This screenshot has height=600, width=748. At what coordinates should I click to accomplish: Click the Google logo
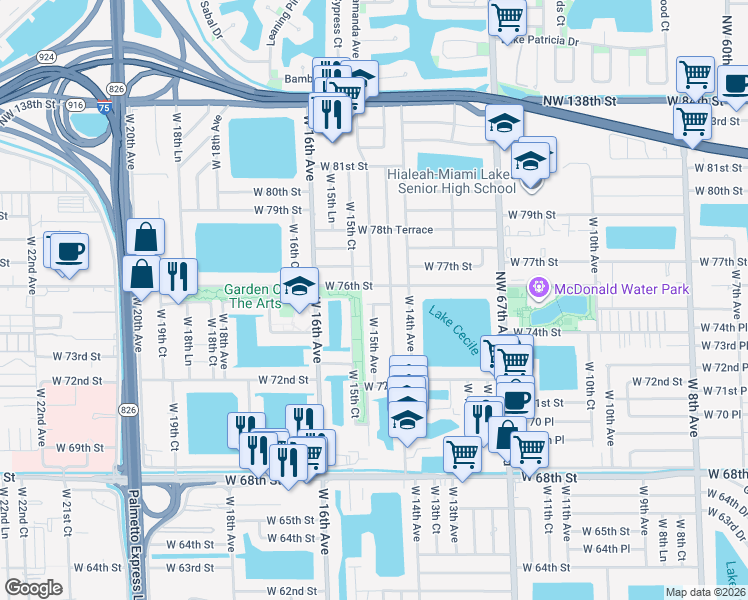click(x=33, y=588)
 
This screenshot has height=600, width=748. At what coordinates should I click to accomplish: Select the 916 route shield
click(x=75, y=104)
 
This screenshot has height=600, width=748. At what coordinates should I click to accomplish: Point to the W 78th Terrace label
click(x=395, y=230)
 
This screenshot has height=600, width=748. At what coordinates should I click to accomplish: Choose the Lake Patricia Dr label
click(x=542, y=41)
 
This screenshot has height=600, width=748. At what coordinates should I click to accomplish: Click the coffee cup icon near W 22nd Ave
click(x=69, y=251)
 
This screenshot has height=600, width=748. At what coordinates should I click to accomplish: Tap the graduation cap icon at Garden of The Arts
click(x=298, y=286)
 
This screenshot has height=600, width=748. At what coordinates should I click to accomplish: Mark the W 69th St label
click(x=80, y=448)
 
